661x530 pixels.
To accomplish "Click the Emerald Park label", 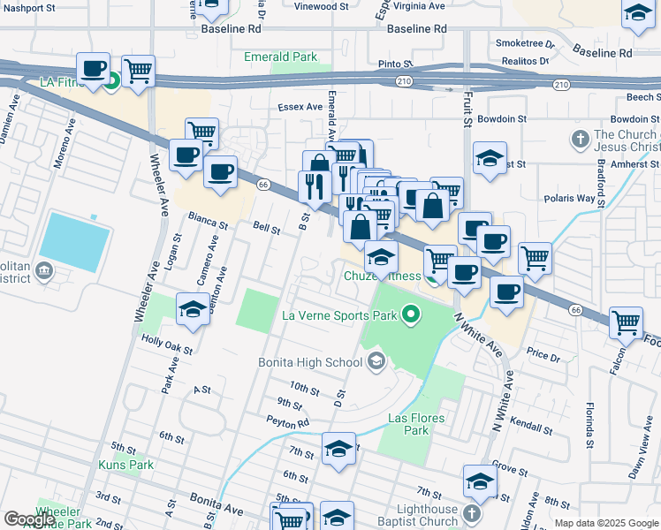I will click(280, 57).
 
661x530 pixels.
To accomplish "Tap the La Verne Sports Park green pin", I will click(409, 314).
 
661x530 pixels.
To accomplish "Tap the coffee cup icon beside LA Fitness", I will click(94, 68).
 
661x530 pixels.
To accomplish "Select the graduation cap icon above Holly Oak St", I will click(192, 308).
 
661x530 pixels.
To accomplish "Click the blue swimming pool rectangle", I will click(75, 241).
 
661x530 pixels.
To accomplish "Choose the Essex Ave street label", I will click(301, 107).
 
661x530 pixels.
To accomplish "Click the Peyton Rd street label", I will click(292, 424).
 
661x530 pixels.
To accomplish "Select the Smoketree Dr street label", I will click(525, 42).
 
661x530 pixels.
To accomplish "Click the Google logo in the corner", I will click(30, 519).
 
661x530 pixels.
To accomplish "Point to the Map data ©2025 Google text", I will click(605, 523).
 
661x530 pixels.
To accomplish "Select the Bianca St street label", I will click(202, 215).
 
